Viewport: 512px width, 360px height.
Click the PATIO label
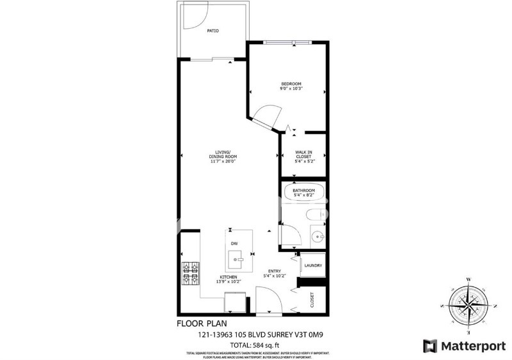pyautogui.click(x=213, y=30)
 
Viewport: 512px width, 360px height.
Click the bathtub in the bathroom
pyautogui.click(x=303, y=193)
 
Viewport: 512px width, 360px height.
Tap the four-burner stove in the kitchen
pyautogui.click(x=191, y=273)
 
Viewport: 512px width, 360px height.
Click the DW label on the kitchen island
pyautogui.click(x=234, y=244)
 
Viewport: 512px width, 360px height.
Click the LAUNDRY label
pyautogui.click(x=312, y=265)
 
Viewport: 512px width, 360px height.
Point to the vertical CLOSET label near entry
pyautogui.click(x=312, y=300)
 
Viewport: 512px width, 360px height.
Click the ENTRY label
pyautogui.click(x=274, y=273)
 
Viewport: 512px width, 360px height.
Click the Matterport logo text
pyautogui.click(x=472, y=345)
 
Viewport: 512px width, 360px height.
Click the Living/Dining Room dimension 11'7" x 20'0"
pyautogui.click(x=223, y=162)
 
